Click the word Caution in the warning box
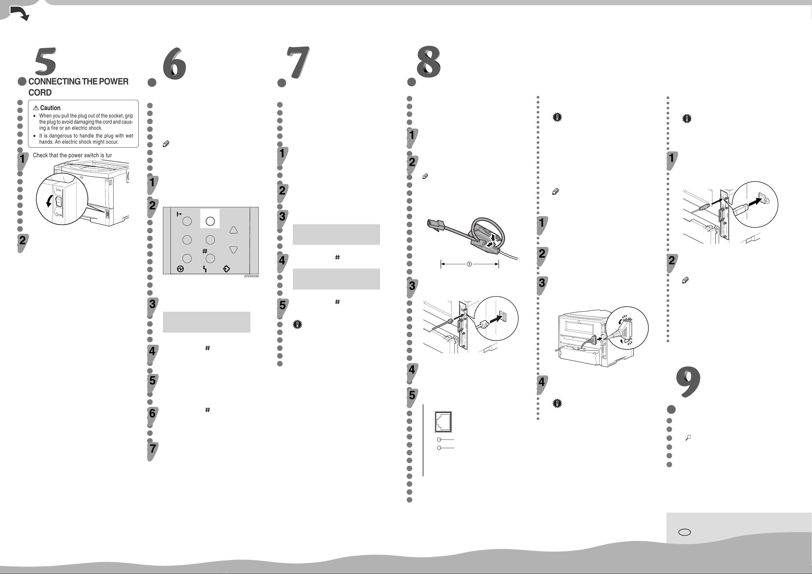click(50, 108)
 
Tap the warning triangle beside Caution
click(36, 108)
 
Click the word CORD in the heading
click(40, 93)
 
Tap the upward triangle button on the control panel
click(233, 230)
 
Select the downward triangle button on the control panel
click(233, 249)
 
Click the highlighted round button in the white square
click(210, 221)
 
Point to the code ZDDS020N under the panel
click(251, 276)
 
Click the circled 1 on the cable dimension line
click(469, 264)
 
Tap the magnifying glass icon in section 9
click(688, 438)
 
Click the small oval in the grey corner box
click(685, 532)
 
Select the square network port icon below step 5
click(443, 422)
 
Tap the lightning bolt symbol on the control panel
click(205, 269)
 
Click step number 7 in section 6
click(152, 449)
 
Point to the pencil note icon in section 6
click(166, 144)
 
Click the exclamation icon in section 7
click(297, 325)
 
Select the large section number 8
click(429, 62)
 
